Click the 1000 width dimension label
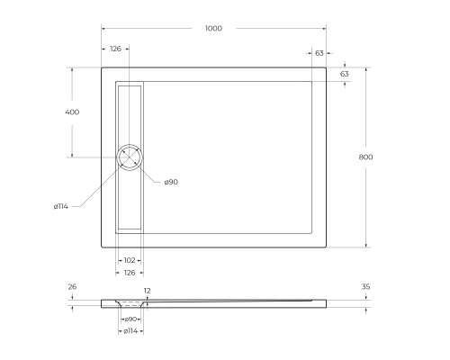pos(213,28)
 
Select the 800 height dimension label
pos(365,157)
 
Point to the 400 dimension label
pos(72,112)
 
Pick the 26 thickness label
pos(72,287)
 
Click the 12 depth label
pos(147,291)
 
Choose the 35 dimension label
pos(366,287)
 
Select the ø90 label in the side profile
pos(130,319)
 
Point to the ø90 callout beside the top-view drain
pos(171,182)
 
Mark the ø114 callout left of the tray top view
pos(61,206)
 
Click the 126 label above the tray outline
pos(116,49)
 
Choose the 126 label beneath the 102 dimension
pos(130,273)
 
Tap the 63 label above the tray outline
pos(319,54)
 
